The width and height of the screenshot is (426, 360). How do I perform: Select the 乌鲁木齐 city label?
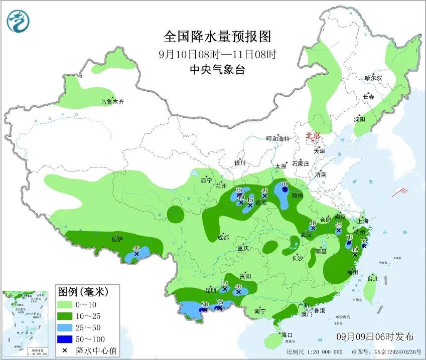(111, 102)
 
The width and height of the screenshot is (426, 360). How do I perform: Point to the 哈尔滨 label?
(373, 78)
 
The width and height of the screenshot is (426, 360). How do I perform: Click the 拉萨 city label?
(117, 240)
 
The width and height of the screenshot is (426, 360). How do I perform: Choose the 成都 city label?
(223, 237)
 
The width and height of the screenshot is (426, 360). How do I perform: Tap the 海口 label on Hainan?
(287, 334)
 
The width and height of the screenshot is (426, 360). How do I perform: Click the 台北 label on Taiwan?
(373, 279)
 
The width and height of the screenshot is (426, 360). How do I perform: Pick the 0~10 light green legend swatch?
(65, 304)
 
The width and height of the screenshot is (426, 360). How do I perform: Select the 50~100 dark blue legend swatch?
(65, 340)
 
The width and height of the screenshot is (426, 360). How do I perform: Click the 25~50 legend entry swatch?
(65, 328)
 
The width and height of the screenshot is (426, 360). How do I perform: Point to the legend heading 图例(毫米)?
(82, 291)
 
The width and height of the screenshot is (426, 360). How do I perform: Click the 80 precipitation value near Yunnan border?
(205, 304)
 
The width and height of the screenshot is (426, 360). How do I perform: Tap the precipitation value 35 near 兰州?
(239, 190)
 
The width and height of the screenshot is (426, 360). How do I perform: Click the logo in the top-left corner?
(18, 21)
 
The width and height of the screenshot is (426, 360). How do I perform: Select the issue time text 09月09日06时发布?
(375, 336)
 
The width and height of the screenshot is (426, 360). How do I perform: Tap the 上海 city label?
(363, 221)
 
